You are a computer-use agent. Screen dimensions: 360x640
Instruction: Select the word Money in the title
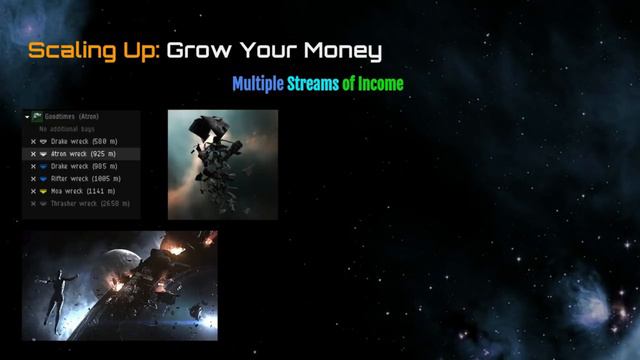(339, 50)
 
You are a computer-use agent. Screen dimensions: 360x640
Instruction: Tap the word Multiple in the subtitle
(258, 84)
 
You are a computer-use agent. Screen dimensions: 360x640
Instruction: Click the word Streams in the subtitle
(312, 84)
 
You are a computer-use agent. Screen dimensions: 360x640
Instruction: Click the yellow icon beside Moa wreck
(44, 190)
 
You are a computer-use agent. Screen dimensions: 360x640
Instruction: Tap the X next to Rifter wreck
(33, 178)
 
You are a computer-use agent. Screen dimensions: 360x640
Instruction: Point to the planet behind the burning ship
(110, 262)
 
